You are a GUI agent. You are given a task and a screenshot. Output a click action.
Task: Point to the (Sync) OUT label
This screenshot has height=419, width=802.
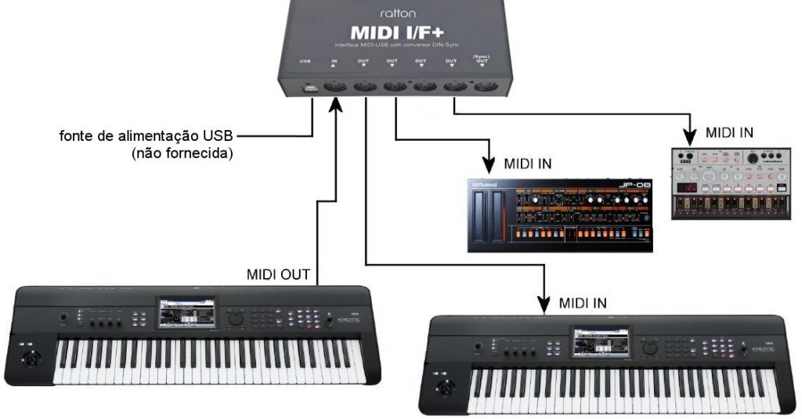(x=479, y=60)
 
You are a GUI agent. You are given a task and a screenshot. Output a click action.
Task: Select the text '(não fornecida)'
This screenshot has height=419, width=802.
(x=182, y=154)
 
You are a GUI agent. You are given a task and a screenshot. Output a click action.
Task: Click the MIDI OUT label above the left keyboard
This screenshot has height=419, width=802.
(x=279, y=275)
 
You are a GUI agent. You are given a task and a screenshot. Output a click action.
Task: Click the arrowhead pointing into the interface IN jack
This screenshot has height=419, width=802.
(x=336, y=106)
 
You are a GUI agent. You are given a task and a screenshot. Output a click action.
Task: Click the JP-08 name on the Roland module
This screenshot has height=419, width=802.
(x=634, y=186)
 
